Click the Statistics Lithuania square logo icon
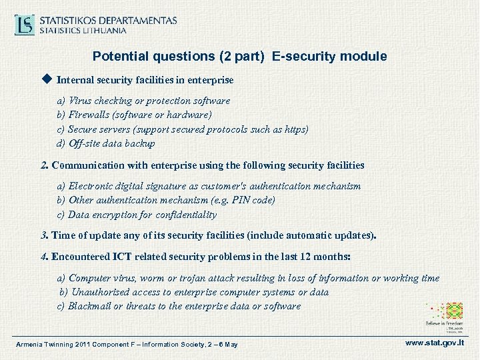pyautogui.click(x=25, y=25)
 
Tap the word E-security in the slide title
pyautogui.click(x=299, y=57)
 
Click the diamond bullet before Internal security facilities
pyautogui.click(x=46, y=79)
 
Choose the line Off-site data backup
pyautogui.click(x=111, y=143)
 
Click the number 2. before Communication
pyautogui.click(x=45, y=165)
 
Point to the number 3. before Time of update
pyautogui.click(x=45, y=235)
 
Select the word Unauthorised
pyautogui.click(x=101, y=292)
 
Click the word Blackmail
pyautogui.click(x=90, y=306)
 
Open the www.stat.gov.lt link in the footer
pyautogui.click(x=435, y=343)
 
